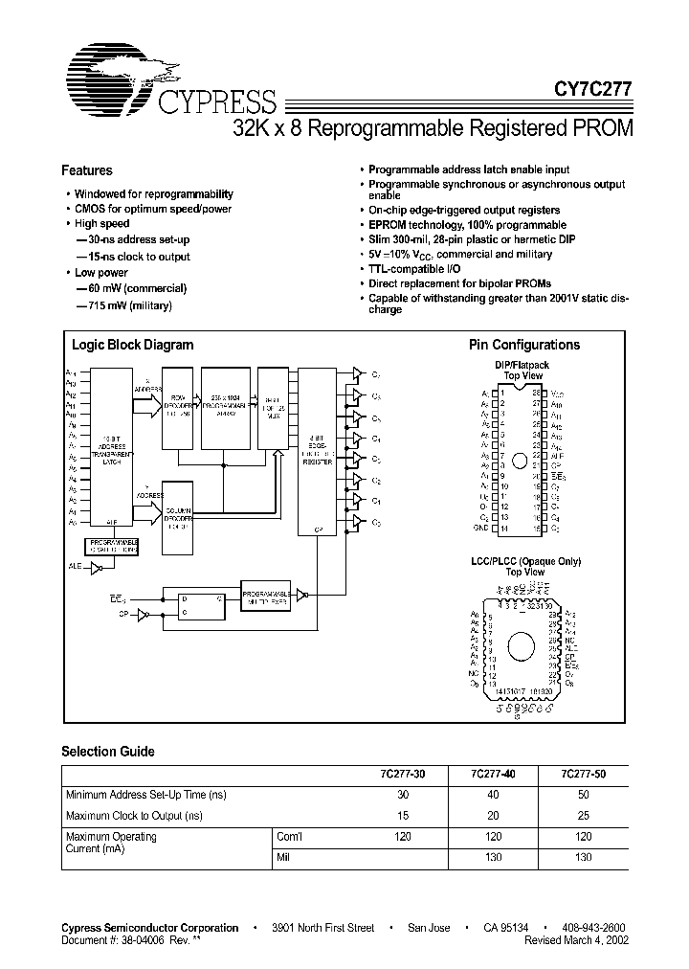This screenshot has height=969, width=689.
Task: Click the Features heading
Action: (x=87, y=170)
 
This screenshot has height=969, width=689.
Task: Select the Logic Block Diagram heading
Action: (x=133, y=345)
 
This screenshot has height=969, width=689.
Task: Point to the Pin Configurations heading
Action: (x=523, y=345)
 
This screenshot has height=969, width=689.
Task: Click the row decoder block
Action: (x=177, y=408)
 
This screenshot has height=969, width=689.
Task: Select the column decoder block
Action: (x=177, y=516)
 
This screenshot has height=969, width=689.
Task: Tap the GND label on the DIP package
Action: (x=480, y=528)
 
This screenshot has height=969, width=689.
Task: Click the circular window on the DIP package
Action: (x=519, y=461)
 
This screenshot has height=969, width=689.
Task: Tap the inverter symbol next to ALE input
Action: (x=97, y=568)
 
